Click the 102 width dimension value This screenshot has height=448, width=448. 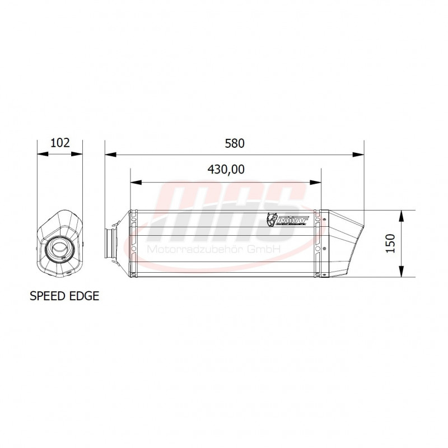60,143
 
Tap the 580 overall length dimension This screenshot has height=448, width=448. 235,143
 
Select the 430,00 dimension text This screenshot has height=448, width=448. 226,170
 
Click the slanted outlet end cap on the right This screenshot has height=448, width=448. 343,244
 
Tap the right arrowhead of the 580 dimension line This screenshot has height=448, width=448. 360,154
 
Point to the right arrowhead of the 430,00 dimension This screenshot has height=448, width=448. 317,182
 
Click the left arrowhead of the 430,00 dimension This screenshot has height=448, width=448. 134,182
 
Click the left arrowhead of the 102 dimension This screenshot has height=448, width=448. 40,154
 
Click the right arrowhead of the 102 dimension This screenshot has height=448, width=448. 79,154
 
